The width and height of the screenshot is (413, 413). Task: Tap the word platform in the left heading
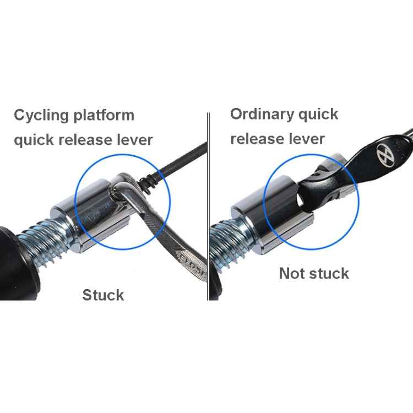(103, 116)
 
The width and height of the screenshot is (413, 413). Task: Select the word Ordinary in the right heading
(261, 115)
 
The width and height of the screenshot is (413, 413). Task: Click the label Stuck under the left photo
(103, 295)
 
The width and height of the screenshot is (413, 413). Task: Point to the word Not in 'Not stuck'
(292, 274)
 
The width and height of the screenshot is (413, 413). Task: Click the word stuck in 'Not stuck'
(329, 274)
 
